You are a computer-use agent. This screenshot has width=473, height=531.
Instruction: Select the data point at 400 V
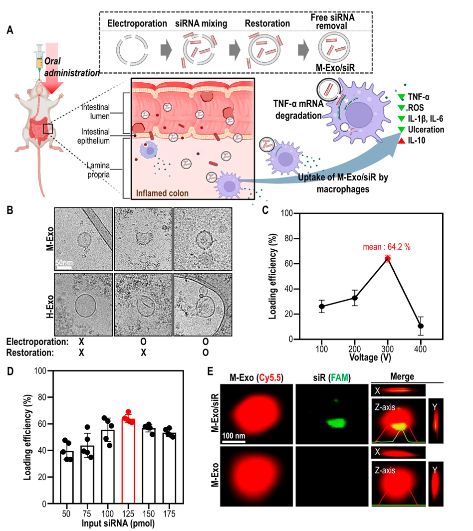coord(421,326)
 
